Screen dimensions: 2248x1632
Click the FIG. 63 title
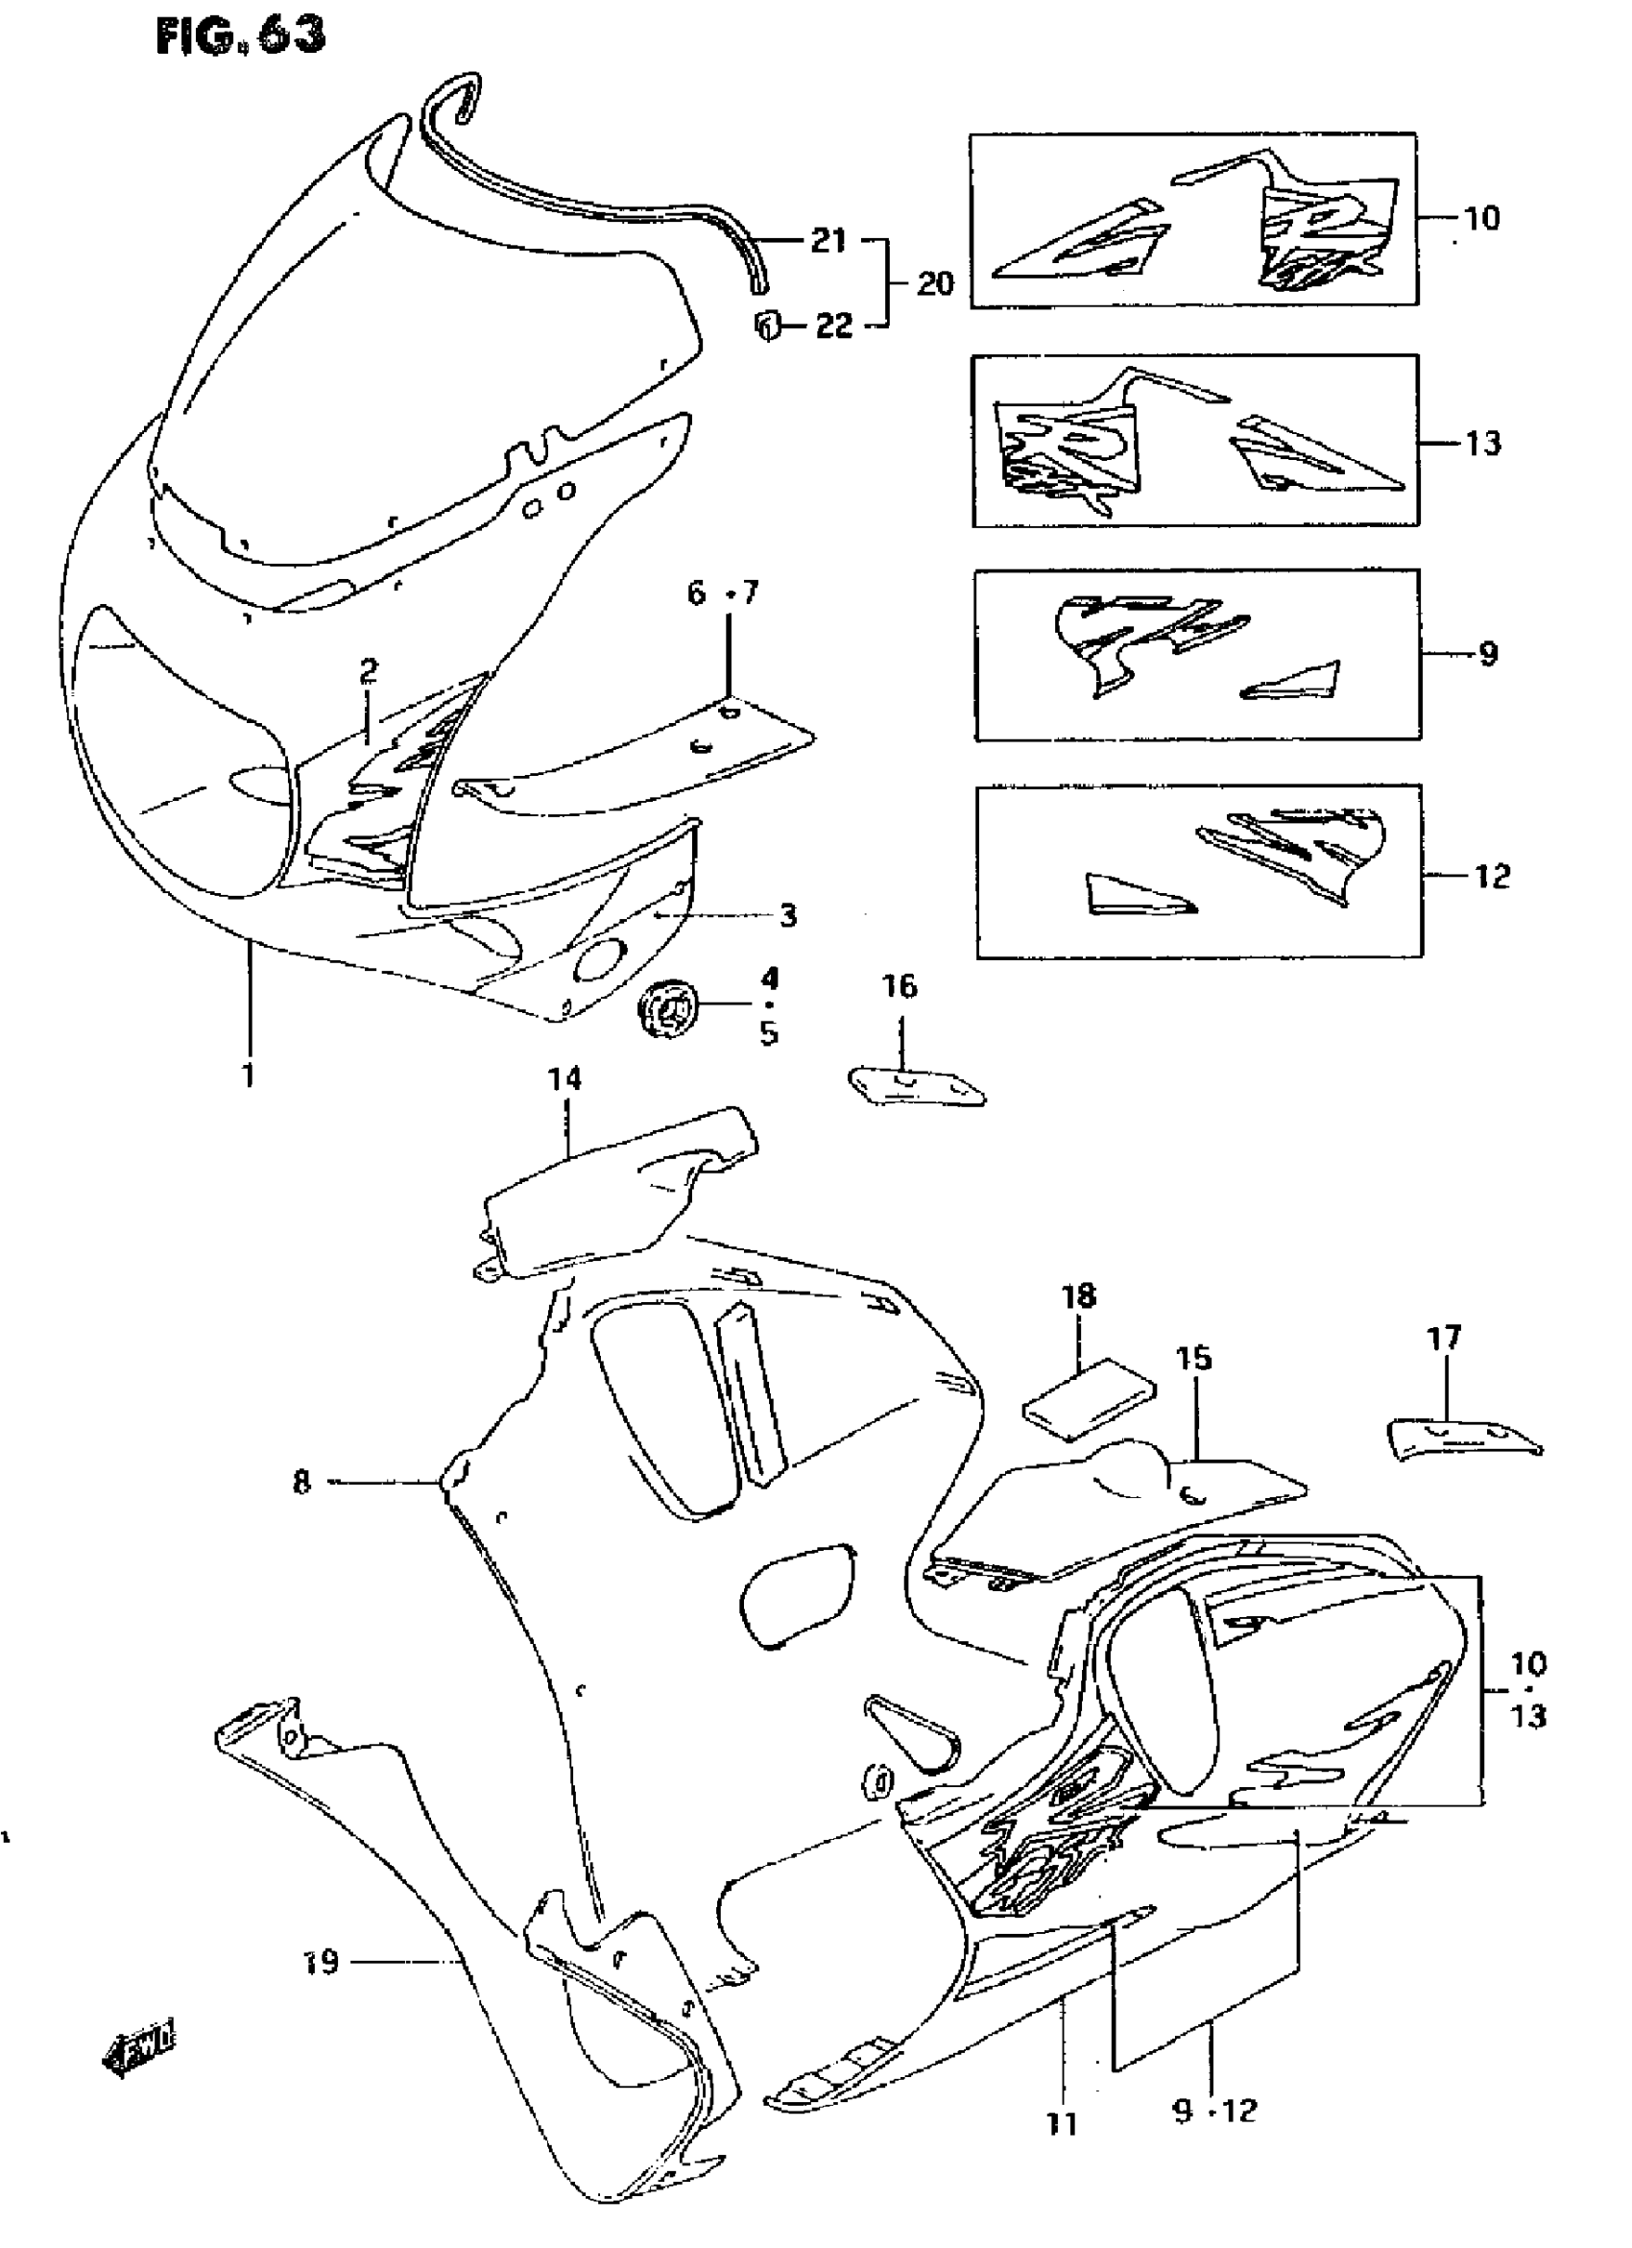tap(241, 36)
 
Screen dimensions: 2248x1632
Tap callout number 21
tap(828, 240)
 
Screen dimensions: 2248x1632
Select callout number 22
tap(833, 326)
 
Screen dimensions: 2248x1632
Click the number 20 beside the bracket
tap(934, 283)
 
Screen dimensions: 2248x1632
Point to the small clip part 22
tap(768, 325)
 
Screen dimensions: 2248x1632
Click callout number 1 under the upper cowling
tap(248, 1074)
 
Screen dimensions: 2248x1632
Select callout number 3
tap(788, 915)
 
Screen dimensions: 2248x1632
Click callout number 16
tap(900, 986)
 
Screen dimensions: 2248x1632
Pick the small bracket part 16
tap(917, 1085)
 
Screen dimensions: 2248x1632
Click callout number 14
tap(564, 1078)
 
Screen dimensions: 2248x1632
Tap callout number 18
tap(1079, 1295)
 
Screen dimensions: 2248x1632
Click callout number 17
tap(1444, 1339)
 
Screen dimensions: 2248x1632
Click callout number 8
tap(301, 1510)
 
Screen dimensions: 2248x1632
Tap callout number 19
tap(321, 1961)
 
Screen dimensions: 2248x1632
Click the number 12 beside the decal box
tap(1492, 876)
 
